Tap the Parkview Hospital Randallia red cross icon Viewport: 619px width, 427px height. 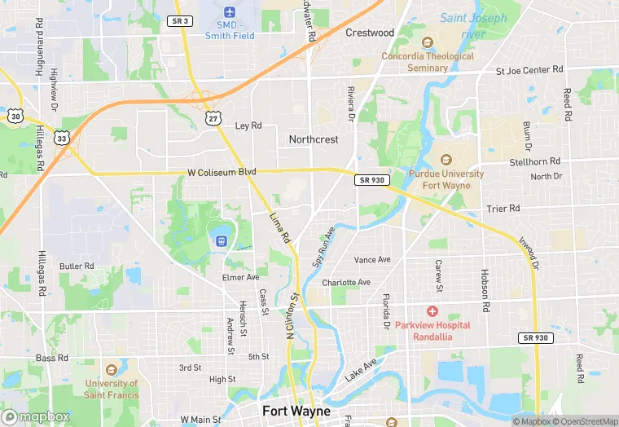click(432, 311)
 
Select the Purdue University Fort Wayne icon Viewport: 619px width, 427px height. click(446, 160)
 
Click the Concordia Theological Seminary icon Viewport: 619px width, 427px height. click(427, 42)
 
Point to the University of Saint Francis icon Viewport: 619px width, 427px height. click(111, 368)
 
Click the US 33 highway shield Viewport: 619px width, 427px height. click(63, 139)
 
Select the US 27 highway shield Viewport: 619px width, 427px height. click(213, 119)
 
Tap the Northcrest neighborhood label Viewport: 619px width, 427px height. click(314, 139)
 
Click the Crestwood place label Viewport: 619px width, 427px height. click(369, 33)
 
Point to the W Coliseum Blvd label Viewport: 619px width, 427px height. click(222, 173)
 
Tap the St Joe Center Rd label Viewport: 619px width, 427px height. click(529, 71)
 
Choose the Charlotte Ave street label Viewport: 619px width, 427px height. click(346, 283)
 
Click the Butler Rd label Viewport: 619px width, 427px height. click(77, 266)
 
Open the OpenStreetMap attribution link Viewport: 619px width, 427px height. click(585, 421)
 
